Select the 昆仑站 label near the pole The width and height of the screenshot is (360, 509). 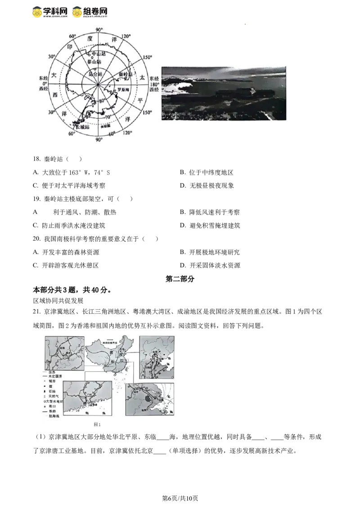95,73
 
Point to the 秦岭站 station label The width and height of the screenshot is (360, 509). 126,74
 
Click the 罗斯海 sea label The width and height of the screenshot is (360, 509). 123,90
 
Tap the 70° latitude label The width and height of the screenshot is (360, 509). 107,116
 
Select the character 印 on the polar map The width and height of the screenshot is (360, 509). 70,47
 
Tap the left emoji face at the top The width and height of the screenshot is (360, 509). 38,12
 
